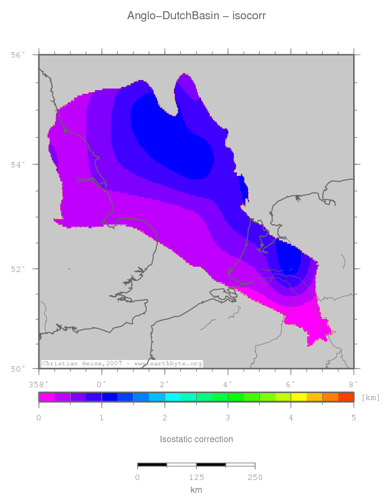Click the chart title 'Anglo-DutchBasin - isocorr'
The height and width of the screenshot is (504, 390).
click(x=196, y=16)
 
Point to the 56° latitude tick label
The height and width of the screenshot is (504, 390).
click(x=18, y=55)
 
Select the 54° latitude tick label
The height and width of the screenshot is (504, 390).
click(x=18, y=164)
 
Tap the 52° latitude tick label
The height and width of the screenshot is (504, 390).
click(x=18, y=269)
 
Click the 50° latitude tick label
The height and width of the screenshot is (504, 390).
click(x=18, y=369)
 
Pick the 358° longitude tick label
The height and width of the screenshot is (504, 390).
click(x=38, y=383)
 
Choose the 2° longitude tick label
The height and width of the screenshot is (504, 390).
click(x=165, y=383)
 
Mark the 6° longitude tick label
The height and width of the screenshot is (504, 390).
click(x=291, y=383)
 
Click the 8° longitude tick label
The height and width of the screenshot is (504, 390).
click(x=353, y=383)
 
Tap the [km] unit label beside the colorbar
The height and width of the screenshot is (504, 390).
click(x=370, y=397)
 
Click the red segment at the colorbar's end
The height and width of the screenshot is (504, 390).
click(x=346, y=397)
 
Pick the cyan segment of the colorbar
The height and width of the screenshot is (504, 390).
click(x=172, y=397)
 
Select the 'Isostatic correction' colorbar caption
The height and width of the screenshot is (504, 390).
click(x=196, y=439)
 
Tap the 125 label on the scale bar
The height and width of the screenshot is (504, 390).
click(x=196, y=477)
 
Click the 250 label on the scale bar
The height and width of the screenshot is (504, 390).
click(x=255, y=477)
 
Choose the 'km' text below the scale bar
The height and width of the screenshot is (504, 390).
click(x=196, y=490)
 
